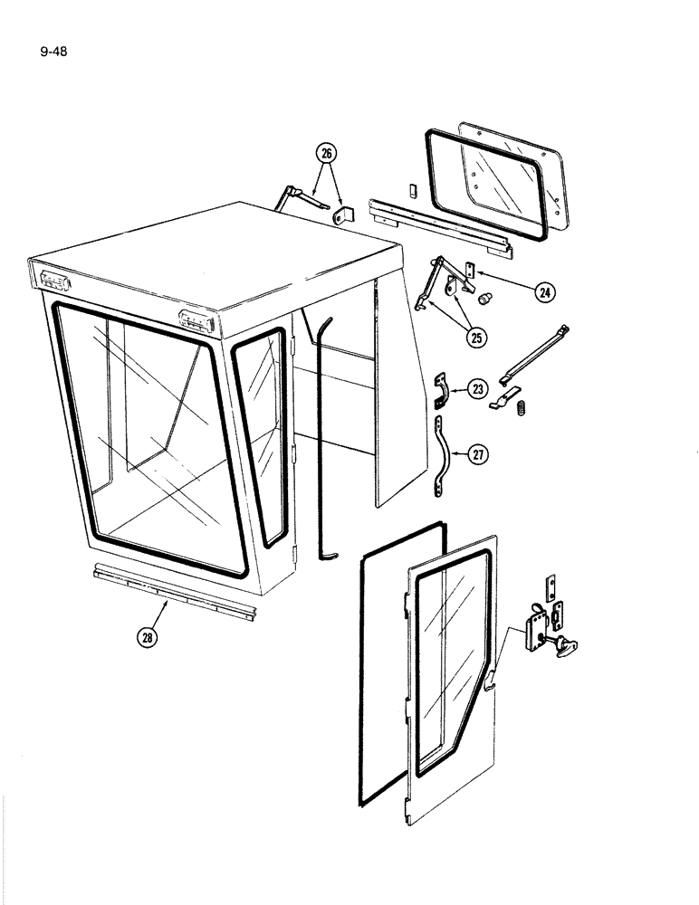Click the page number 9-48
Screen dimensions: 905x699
[54, 51]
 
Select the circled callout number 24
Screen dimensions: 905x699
[543, 292]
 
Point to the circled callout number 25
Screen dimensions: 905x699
[474, 337]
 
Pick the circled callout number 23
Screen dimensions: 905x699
[477, 390]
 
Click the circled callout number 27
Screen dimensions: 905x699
[477, 455]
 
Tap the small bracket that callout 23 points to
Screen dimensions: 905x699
[441, 390]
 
